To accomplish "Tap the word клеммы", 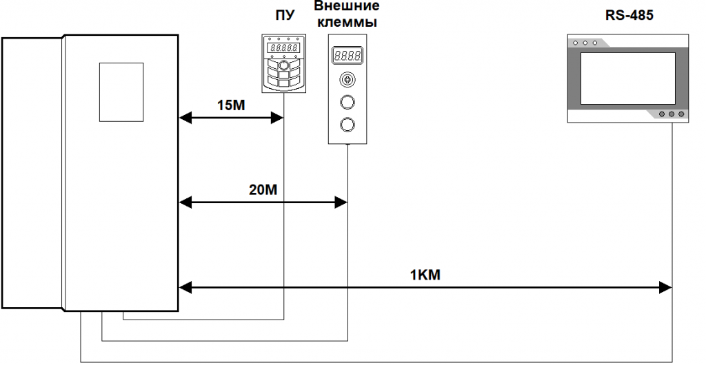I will pyautogui.click(x=347, y=21).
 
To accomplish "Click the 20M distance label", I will pyautogui.click(x=263, y=189).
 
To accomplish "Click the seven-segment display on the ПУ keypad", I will pyautogui.click(x=283, y=49).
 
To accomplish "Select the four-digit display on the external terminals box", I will pyautogui.click(x=347, y=54).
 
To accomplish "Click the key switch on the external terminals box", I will pyautogui.click(x=347, y=80).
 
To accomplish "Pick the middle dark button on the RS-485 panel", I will pyautogui.click(x=671, y=115).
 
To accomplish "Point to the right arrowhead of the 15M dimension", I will pyautogui.click(x=279, y=118).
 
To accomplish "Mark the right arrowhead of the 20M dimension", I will pyautogui.click(x=341, y=202).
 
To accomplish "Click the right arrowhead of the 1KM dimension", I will pyautogui.click(x=667, y=286).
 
